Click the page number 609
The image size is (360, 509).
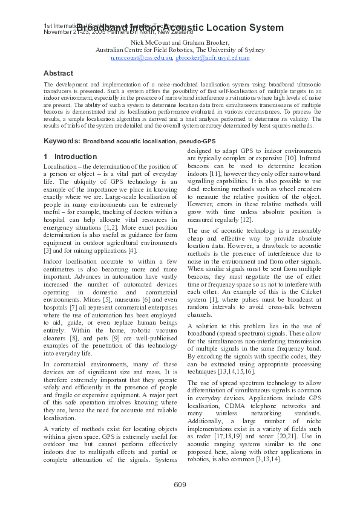(x=180, y=484)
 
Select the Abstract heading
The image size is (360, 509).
(x=58, y=73)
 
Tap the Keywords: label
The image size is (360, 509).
(x=62, y=141)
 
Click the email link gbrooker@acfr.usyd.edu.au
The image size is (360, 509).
(x=212, y=58)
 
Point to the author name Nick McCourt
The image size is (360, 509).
(x=149, y=42)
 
